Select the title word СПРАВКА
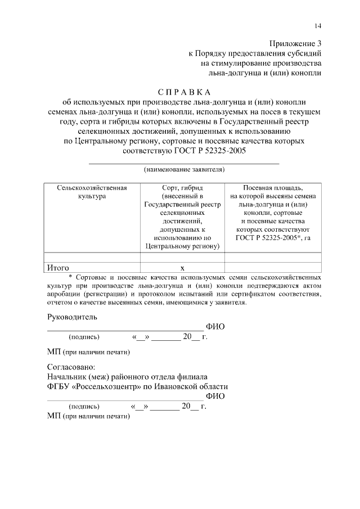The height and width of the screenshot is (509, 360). tap(183, 92)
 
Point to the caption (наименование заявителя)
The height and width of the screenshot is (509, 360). tap(184, 169)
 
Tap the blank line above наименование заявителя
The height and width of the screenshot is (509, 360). tap(184, 163)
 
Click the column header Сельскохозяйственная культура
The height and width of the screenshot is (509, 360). tap(92, 192)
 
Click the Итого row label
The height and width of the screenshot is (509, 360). tap(58, 268)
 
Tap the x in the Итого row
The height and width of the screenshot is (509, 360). tap(182, 268)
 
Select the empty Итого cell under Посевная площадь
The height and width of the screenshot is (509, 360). tap(273, 268)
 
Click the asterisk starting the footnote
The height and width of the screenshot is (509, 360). tap(70, 278)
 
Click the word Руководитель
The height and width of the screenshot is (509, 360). tap(72, 317)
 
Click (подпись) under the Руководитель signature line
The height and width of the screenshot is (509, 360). tap(84, 337)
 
